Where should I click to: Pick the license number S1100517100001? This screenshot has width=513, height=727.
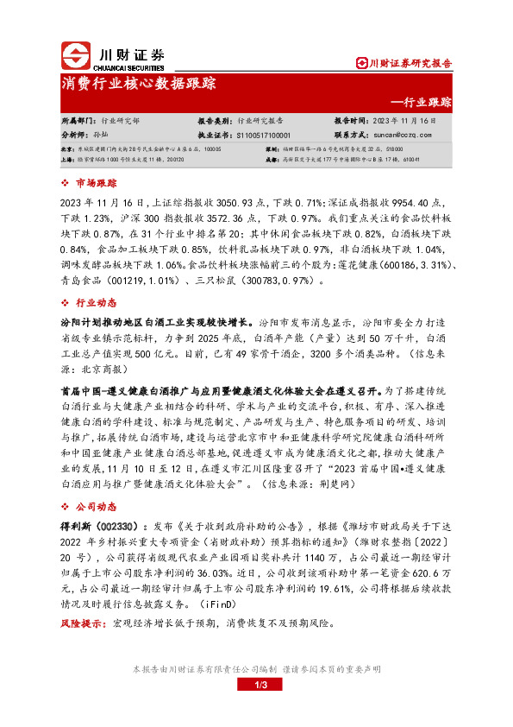[263, 136]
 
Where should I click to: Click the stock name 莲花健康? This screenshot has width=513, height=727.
[352, 263]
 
